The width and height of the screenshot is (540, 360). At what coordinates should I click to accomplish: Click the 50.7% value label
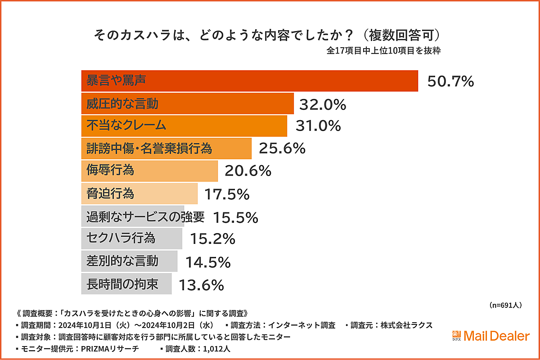(450, 81)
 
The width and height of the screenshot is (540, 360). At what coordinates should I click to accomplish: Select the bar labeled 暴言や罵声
(249, 81)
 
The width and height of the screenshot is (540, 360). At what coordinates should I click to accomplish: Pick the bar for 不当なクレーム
(184, 126)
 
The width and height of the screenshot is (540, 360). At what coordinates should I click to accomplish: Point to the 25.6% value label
(282, 148)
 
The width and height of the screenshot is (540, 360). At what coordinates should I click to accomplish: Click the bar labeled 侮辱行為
(149, 171)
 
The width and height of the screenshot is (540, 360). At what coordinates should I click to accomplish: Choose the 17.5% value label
(227, 194)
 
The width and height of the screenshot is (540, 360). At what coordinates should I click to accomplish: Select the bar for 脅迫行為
(139, 194)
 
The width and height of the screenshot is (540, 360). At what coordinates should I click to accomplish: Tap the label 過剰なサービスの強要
(145, 217)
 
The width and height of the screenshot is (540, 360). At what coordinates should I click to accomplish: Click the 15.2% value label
(212, 239)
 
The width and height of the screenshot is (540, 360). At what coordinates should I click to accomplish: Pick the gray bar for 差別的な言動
(129, 261)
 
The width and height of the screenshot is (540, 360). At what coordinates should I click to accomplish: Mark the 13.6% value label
(201, 285)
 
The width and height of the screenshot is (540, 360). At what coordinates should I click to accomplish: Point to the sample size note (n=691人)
(505, 305)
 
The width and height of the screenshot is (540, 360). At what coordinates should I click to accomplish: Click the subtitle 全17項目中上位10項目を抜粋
(383, 50)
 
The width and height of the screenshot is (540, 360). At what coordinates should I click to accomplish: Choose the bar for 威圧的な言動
(187, 104)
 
